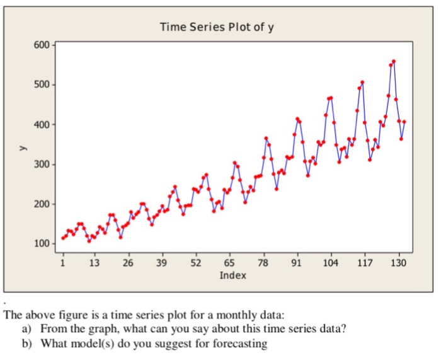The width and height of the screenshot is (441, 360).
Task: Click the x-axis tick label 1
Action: coord(63,262)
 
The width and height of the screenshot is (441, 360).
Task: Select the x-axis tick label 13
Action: coord(94,262)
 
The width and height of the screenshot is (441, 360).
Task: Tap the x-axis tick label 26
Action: coord(128,262)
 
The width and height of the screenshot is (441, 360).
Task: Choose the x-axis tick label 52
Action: coord(195,262)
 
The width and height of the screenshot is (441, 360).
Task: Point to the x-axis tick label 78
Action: coord(263,262)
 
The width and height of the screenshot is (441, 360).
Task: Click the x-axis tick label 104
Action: coord(330,262)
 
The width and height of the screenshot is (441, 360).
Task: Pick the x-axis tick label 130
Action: coord(398,262)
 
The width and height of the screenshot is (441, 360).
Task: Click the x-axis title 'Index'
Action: coord(232,276)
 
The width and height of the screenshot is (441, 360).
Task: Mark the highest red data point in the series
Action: coord(394,62)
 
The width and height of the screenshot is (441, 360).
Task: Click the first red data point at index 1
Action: coord(63,238)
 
